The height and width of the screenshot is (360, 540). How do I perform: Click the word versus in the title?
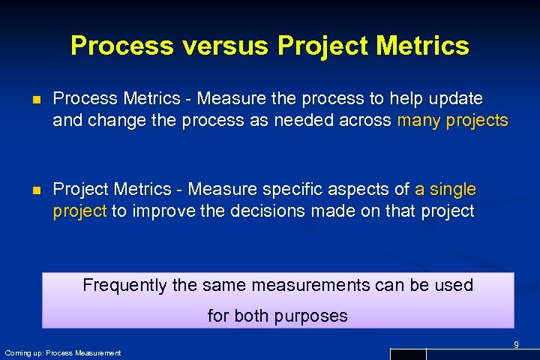[x=221, y=46]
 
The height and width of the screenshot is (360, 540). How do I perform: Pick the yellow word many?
[x=418, y=120]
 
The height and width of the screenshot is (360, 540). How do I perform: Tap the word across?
[x=364, y=120]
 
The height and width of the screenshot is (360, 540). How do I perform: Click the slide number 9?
[x=516, y=344]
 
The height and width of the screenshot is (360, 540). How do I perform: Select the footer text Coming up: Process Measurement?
[x=62, y=352]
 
